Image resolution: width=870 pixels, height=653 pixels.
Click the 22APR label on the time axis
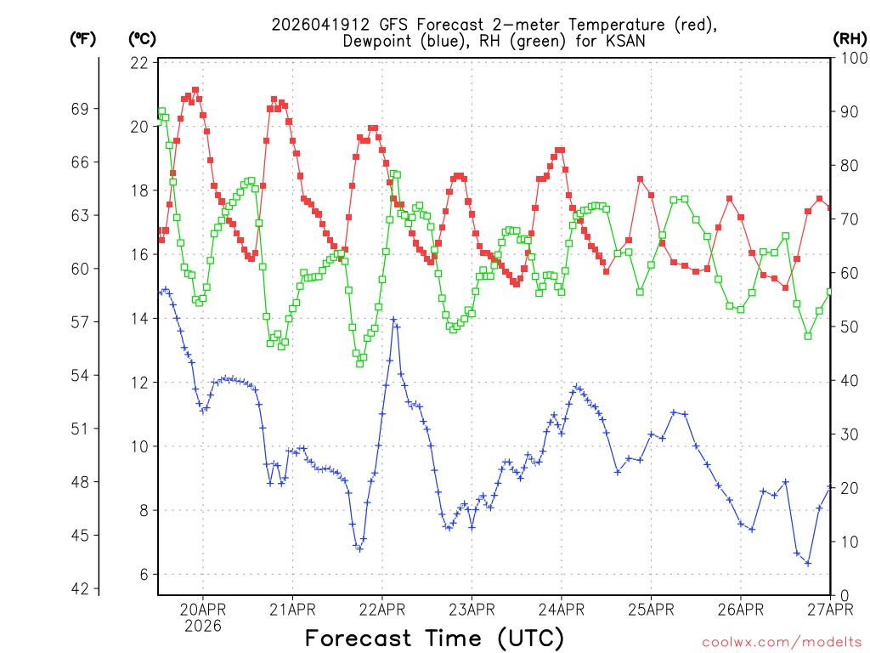[382, 608]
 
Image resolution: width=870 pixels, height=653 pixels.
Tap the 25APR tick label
[651, 608]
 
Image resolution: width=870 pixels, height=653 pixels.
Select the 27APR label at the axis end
[829, 608]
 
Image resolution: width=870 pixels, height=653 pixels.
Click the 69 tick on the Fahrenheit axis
[82, 109]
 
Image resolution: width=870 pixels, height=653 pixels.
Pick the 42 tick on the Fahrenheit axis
[82, 588]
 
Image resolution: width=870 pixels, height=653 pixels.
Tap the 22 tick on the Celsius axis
[140, 63]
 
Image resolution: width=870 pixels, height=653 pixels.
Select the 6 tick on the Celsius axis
[144, 575]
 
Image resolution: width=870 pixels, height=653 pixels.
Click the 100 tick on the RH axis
[850, 58]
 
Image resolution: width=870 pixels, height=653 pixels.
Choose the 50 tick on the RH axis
[846, 326]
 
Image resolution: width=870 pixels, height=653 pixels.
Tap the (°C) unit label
[142, 38]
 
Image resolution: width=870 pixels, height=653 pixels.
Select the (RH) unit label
[849, 38]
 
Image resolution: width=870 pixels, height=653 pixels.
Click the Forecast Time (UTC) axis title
[434, 638]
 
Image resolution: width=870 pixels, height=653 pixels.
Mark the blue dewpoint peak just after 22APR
[393, 320]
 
